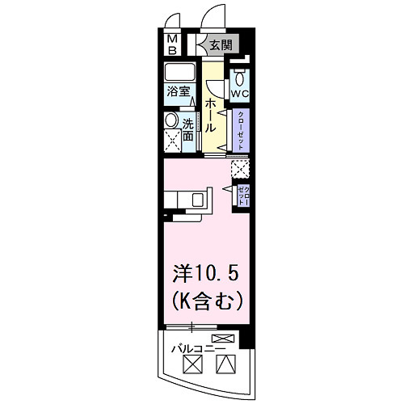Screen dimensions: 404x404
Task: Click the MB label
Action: (x=172, y=44)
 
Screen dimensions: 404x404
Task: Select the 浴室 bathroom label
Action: (x=179, y=91)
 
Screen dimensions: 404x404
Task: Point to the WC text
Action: (x=240, y=93)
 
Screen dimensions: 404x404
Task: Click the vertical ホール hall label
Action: (x=210, y=116)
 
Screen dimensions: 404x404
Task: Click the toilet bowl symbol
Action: (x=240, y=78)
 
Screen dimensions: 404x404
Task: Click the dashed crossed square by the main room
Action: (x=240, y=169)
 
